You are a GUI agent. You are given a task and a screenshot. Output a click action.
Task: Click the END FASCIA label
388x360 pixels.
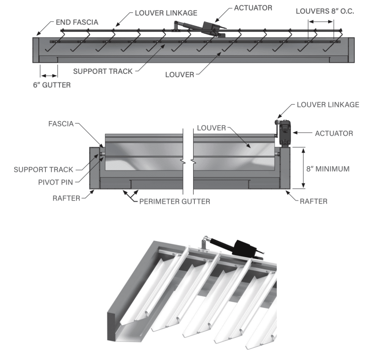77,22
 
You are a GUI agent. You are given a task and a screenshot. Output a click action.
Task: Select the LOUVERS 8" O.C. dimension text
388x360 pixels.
325,11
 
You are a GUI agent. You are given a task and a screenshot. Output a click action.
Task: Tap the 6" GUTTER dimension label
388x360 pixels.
52,85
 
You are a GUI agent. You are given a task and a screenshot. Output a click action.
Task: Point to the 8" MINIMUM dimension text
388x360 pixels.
327,169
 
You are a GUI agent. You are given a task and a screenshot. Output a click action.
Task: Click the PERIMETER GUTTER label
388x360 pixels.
174,201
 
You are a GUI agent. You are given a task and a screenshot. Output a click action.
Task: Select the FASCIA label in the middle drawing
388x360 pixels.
61,123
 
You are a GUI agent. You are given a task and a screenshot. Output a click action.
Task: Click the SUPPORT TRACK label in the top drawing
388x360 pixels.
102,71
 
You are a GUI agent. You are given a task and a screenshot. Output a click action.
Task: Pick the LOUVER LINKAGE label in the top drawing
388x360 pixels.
166,13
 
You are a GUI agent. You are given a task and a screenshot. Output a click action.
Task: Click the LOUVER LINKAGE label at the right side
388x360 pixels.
328,104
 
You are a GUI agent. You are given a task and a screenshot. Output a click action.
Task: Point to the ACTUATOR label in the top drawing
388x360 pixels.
253,8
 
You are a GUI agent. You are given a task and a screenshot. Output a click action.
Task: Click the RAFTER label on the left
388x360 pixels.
66,198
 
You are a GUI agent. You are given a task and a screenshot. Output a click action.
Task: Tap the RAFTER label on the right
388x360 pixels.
313,201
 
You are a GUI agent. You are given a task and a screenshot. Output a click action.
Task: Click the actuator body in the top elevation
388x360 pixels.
211,28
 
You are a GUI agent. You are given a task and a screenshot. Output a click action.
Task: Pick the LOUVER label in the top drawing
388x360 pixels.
179,74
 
